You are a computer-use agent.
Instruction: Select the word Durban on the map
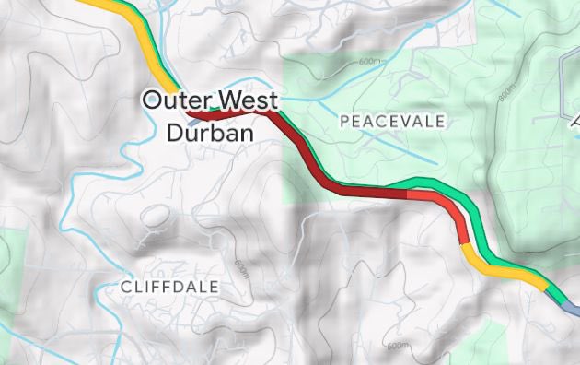click(x=208, y=132)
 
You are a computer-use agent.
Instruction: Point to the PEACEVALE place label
click(x=392, y=121)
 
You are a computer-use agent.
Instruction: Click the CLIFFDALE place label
click(x=170, y=288)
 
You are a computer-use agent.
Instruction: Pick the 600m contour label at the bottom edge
click(x=398, y=346)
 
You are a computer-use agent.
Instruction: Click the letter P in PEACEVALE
click(x=344, y=121)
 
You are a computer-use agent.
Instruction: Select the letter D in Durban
click(x=176, y=132)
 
